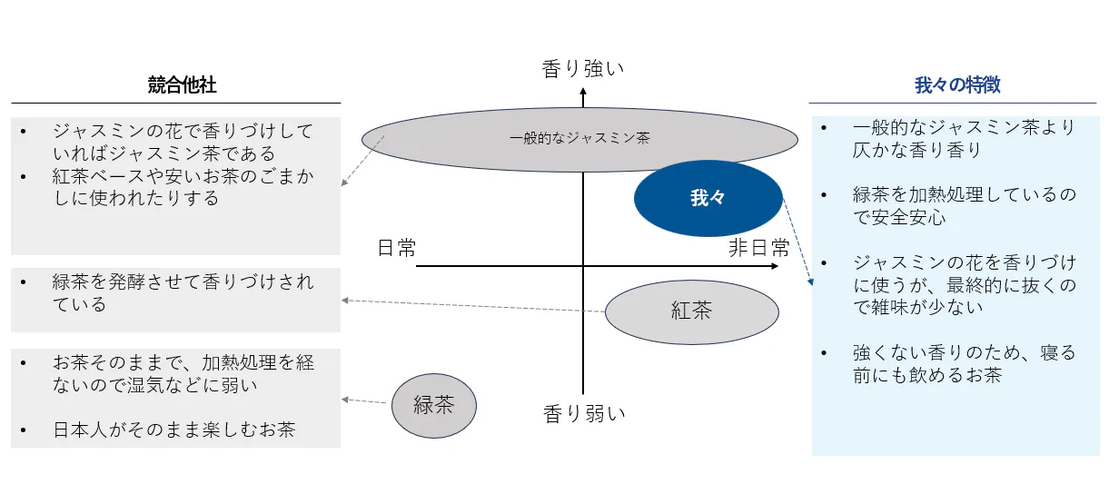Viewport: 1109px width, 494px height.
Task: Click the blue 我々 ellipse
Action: pyautogui.click(x=708, y=198)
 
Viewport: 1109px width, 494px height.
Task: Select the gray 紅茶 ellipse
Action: pyautogui.click(x=691, y=311)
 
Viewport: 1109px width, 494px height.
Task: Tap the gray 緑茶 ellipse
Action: pyautogui.click(x=433, y=405)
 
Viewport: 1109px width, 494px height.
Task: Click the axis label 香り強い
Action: pyautogui.click(x=583, y=69)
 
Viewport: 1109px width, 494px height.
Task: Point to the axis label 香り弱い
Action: pyautogui.click(x=585, y=414)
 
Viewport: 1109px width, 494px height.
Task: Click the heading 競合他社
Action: pyautogui.click(x=182, y=85)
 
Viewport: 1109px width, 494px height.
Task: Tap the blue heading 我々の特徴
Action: pyautogui.click(x=957, y=85)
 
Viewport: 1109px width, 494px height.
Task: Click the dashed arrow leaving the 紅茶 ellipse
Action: pyautogui.click(x=472, y=306)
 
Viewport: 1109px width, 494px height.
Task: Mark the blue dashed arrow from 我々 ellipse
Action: pyautogui.click(x=797, y=242)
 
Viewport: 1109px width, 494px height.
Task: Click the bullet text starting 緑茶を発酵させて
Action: pyautogui.click(x=183, y=292)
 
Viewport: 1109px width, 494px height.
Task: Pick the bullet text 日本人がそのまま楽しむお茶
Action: pyautogui.click(x=173, y=430)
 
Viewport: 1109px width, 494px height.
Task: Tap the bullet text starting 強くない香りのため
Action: pyautogui.click(x=964, y=363)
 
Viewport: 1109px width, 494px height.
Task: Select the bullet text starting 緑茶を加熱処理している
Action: pyautogui.click(x=964, y=206)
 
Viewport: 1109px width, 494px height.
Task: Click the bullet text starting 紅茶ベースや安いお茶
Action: pyautogui.click(x=183, y=187)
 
